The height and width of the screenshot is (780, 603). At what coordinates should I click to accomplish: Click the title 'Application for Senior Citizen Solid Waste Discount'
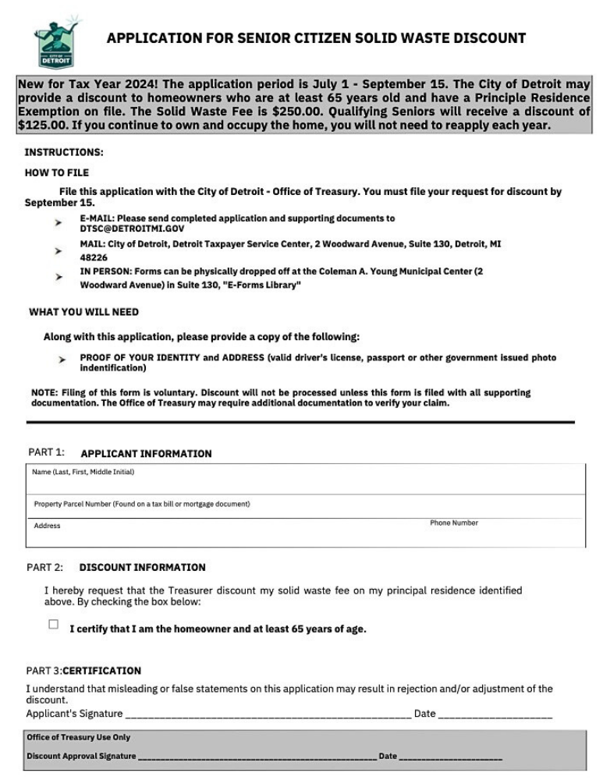(316, 38)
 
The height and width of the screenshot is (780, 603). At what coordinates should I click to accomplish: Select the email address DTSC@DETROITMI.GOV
(132, 229)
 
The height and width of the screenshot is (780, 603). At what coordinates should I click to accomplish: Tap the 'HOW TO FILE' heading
(57, 172)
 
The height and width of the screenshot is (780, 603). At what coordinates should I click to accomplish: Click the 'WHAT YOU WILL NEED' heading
(83, 312)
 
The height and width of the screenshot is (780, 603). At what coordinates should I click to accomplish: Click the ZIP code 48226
(94, 257)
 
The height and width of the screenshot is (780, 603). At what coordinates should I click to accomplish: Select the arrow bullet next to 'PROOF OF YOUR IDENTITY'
(62, 360)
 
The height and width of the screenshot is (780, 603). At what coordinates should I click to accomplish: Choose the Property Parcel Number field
(304, 512)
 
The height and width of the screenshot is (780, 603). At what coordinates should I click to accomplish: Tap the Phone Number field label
(453, 523)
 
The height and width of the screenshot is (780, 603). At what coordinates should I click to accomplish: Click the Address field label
(47, 526)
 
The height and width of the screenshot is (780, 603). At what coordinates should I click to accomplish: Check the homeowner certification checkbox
(54, 624)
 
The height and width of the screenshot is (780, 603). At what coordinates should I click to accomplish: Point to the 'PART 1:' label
(46, 452)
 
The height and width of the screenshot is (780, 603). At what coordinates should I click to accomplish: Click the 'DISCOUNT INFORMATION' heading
(142, 567)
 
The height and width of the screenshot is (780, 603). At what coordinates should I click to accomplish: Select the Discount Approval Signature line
(257, 756)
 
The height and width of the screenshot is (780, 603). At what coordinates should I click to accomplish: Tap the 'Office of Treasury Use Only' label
(78, 737)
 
